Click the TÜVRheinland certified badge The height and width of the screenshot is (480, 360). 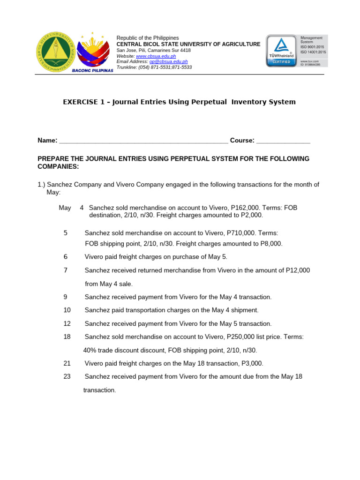tap(281, 50)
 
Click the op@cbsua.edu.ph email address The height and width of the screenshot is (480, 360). tap(168, 61)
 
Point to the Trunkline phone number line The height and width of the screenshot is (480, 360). tap(154, 67)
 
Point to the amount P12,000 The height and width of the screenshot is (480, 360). tap(297, 270)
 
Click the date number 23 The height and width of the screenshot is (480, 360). tap(67, 376)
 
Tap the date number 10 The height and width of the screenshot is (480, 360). tap(67, 310)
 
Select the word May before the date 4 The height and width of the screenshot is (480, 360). tap(65, 208)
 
